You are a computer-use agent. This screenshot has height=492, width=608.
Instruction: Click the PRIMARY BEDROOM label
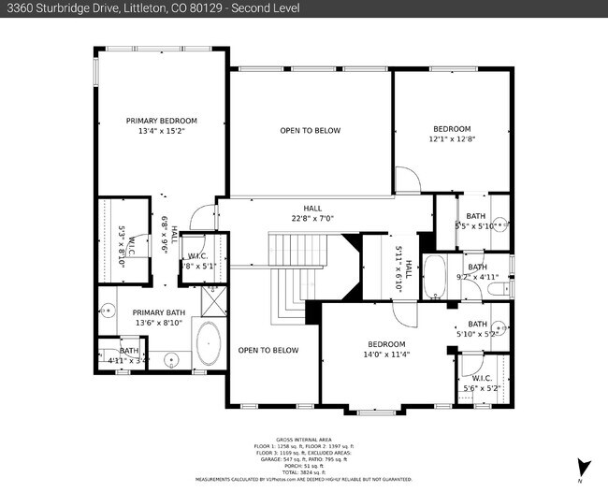162,121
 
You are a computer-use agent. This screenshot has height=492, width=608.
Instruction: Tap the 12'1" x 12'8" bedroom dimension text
451,139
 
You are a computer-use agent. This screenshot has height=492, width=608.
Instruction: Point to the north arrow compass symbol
584,466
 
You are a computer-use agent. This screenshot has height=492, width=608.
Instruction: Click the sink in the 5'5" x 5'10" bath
501,224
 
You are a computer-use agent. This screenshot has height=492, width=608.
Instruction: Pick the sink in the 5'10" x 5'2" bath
498,327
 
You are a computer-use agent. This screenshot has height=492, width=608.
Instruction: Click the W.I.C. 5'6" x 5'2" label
482,383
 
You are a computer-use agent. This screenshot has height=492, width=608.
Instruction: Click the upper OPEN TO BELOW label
310,130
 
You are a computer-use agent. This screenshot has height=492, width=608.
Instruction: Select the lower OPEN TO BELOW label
268,350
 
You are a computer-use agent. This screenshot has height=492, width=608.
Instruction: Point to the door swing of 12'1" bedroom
406,181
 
